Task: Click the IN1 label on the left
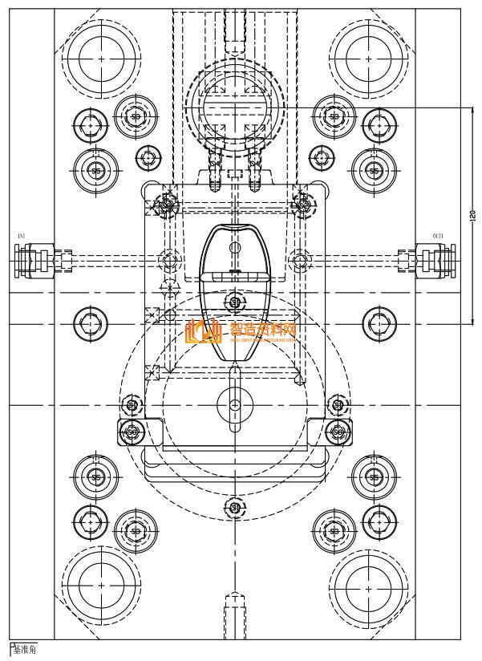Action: pos(22,236)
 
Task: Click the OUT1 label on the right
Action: pos(438,236)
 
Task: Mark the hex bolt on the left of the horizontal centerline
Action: pos(90,324)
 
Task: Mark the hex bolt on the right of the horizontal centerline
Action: pos(379,324)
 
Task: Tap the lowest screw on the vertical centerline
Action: pos(235,507)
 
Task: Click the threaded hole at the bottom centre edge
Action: pos(235,610)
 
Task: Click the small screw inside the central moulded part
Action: pos(235,302)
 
